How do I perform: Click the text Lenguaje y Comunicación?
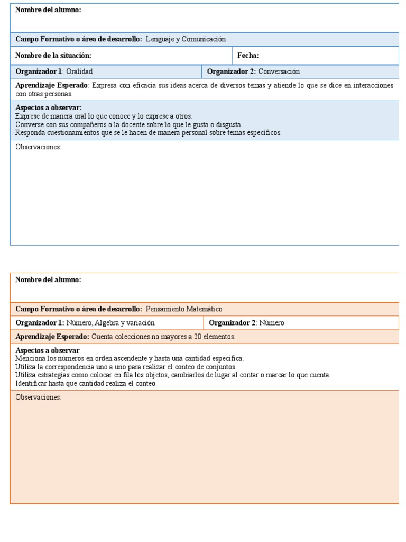click(x=186, y=39)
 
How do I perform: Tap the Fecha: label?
click(x=248, y=56)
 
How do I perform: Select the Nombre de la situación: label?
click(x=53, y=56)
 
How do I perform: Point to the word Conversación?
click(x=279, y=71)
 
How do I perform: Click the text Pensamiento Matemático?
click(x=184, y=309)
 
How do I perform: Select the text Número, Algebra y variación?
click(x=110, y=323)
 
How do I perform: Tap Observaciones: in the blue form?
click(x=39, y=147)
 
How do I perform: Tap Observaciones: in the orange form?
click(x=39, y=398)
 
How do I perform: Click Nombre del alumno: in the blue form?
click(x=48, y=10)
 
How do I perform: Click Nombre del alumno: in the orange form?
click(x=48, y=280)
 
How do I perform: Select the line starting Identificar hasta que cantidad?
click(x=86, y=383)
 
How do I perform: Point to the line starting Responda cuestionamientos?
click(x=149, y=133)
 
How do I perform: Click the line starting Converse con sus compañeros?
click(x=128, y=124)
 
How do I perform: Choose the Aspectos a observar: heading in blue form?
click(x=49, y=108)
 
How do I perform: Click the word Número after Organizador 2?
click(x=272, y=323)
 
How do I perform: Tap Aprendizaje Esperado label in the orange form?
click(x=52, y=337)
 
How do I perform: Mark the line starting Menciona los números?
click(x=130, y=359)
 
